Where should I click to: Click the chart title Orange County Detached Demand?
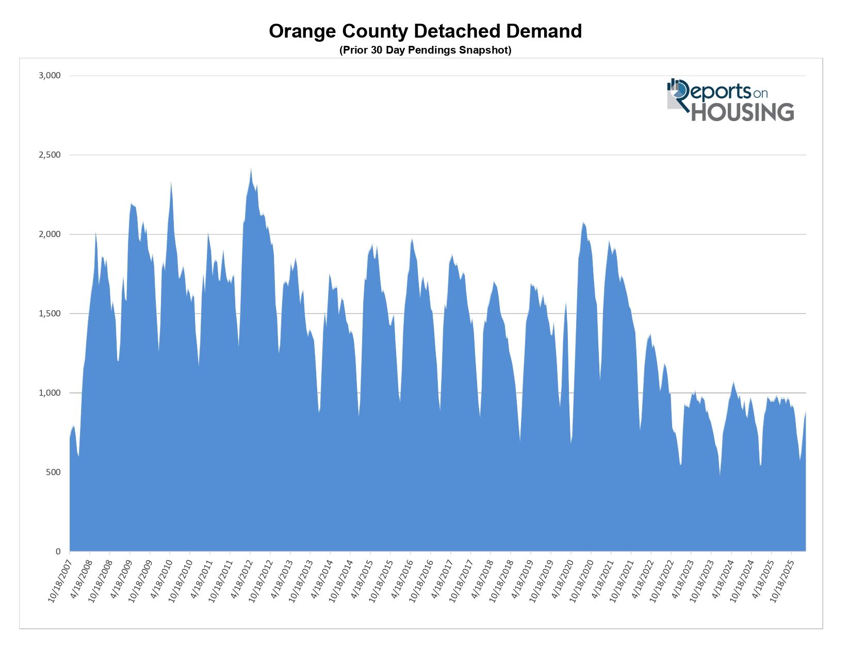point(425,31)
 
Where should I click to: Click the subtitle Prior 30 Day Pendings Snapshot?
point(425,50)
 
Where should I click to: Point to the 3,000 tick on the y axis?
point(50,76)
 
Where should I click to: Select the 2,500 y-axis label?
point(50,155)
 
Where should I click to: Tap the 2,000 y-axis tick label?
point(50,234)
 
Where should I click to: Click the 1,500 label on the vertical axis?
point(50,314)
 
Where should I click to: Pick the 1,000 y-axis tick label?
point(50,393)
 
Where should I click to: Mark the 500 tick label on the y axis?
point(53,473)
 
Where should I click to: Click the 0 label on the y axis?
point(58,552)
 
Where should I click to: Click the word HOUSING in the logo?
point(742,112)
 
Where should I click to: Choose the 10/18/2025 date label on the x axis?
point(781,580)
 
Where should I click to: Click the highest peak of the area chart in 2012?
point(251,168)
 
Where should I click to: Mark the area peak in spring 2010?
point(171,181)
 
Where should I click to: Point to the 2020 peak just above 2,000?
point(583,223)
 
